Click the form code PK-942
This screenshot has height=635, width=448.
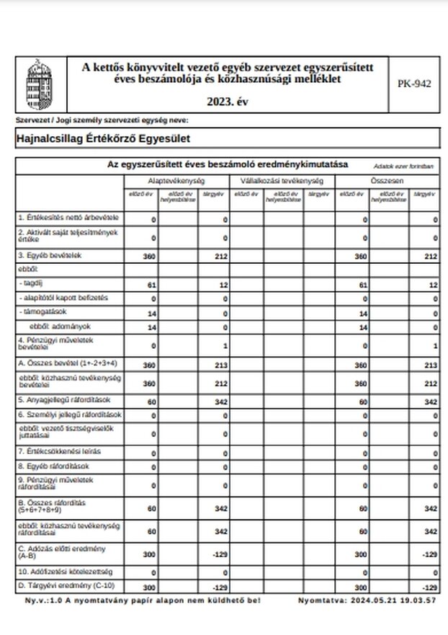coord(414,84)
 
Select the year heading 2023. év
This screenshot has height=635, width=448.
coord(226,101)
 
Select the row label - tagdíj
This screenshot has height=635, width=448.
coord(33,285)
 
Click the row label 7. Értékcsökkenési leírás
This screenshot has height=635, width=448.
coord(59,451)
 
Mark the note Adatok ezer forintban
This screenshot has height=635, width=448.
coord(403,166)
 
